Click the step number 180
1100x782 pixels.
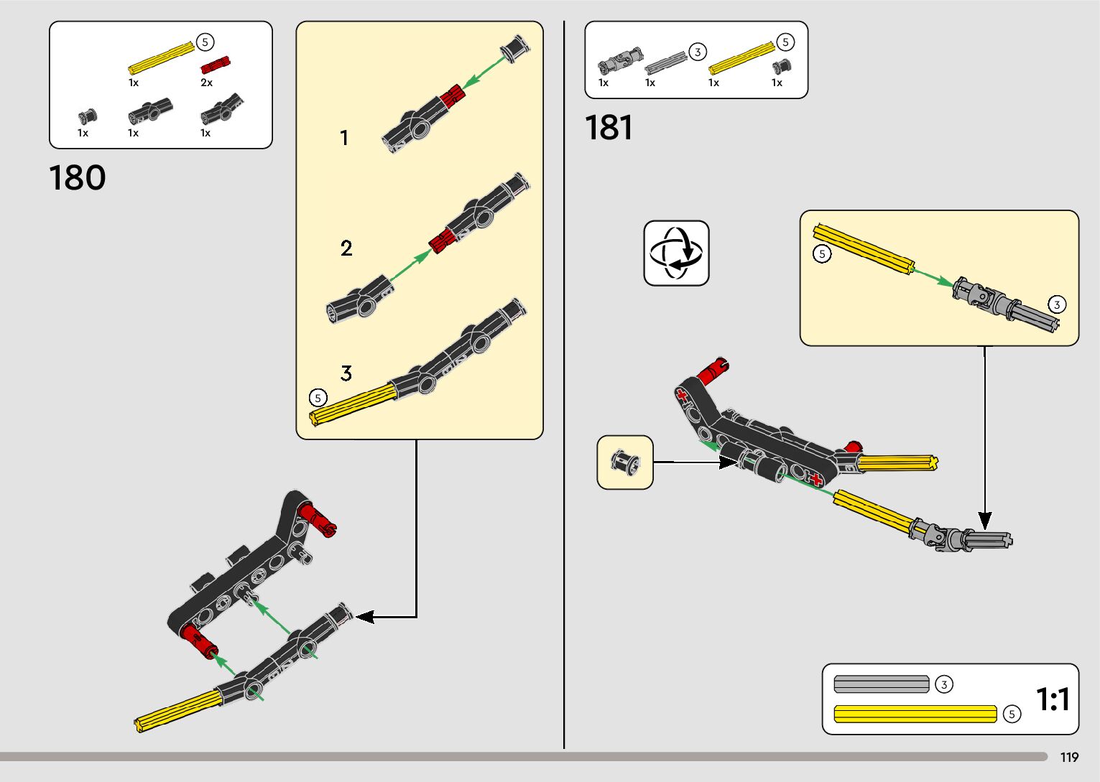click(78, 178)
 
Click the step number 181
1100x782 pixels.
click(609, 128)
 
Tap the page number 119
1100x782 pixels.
click(1069, 758)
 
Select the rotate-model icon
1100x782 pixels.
click(676, 253)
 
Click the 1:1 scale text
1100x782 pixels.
click(1053, 699)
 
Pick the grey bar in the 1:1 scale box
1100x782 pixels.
click(882, 684)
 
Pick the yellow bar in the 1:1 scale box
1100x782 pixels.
click(915, 714)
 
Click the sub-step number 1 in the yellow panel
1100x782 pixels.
click(344, 138)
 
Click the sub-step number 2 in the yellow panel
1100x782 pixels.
click(346, 248)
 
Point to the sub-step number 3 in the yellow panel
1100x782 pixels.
click(346, 373)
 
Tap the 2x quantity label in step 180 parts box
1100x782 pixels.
click(206, 83)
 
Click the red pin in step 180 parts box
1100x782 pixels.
click(215, 65)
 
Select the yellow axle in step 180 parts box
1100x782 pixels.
click(162, 58)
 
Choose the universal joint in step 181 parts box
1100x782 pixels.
click(620, 62)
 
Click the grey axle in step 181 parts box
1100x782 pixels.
click(666, 62)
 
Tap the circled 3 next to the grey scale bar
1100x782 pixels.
click(944, 685)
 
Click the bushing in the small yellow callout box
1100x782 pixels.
click(624, 462)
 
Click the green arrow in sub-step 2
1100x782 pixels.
click(409, 266)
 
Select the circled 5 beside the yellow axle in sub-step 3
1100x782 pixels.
click(318, 397)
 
